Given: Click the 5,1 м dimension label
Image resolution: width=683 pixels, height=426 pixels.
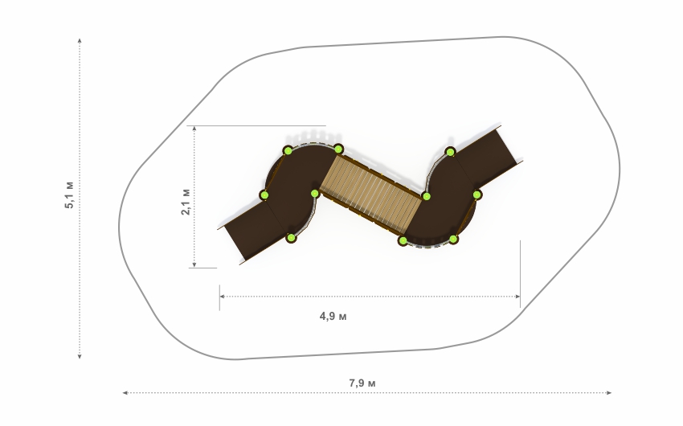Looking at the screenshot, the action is point(70,195).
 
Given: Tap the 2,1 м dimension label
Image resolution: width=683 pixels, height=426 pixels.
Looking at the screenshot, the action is point(186,202).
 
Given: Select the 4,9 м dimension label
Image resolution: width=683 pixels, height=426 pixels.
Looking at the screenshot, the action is point(333,316).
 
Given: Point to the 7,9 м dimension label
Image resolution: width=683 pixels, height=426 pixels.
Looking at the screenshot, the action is point(362,383).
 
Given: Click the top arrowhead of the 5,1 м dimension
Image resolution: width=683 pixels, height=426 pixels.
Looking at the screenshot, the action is point(80,40).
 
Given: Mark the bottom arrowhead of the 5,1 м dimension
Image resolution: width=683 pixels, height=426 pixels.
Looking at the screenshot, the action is point(80,356).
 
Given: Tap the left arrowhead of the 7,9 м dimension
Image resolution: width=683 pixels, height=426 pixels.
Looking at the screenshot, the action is point(125,393).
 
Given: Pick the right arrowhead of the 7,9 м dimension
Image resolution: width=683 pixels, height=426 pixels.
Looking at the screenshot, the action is point(609,393).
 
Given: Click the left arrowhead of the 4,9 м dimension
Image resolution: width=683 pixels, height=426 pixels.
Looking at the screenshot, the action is point(222,297).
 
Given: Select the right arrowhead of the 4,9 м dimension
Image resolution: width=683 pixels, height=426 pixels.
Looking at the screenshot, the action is point(517,297).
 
